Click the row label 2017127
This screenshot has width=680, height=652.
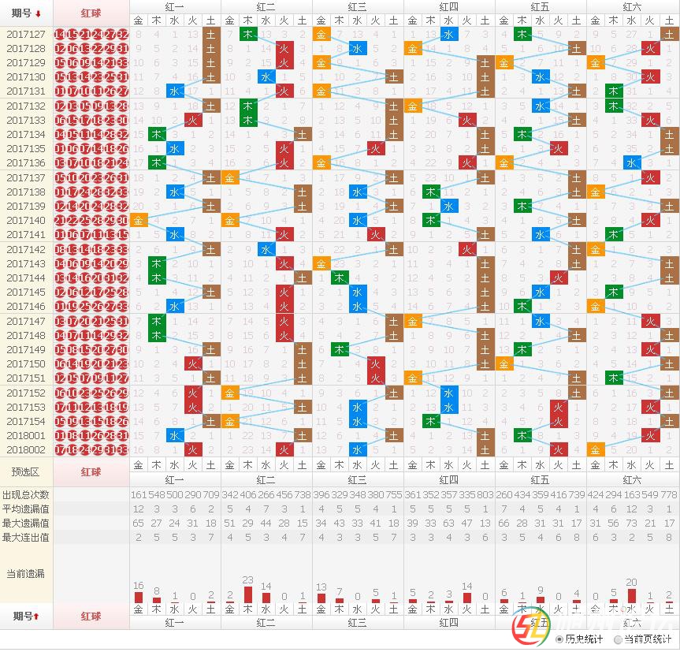pyautogui.click(x=26, y=34)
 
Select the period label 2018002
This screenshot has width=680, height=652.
pyautogui.click(x=26, y=449)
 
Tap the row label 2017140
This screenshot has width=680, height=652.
pyautogui.click(x=26, y=220)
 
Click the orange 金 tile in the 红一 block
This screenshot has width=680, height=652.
pyautogui.click(x=139, y=220)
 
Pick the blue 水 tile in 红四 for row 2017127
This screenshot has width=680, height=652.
pyautogui.click(x=449, y=34)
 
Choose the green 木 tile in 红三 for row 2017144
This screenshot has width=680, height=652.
pyautogui.click(x=340, y=278)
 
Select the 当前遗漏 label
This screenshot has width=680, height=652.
pyautogui.click(x=25, y=573)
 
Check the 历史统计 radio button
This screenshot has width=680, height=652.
pyautogui.click(x=559, y=639)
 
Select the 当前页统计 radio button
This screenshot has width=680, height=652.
pyautogui.click(x=619, y=639)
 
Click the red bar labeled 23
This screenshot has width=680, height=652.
pyautogui.click(x=248, y=594)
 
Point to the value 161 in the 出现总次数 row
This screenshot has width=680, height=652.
pyautogui.click(x=139, y=494)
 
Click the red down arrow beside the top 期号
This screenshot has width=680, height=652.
pyautogui.click(x=38, y=13)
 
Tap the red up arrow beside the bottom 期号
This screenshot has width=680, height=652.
pyautogui.click(x=36, y=616)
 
